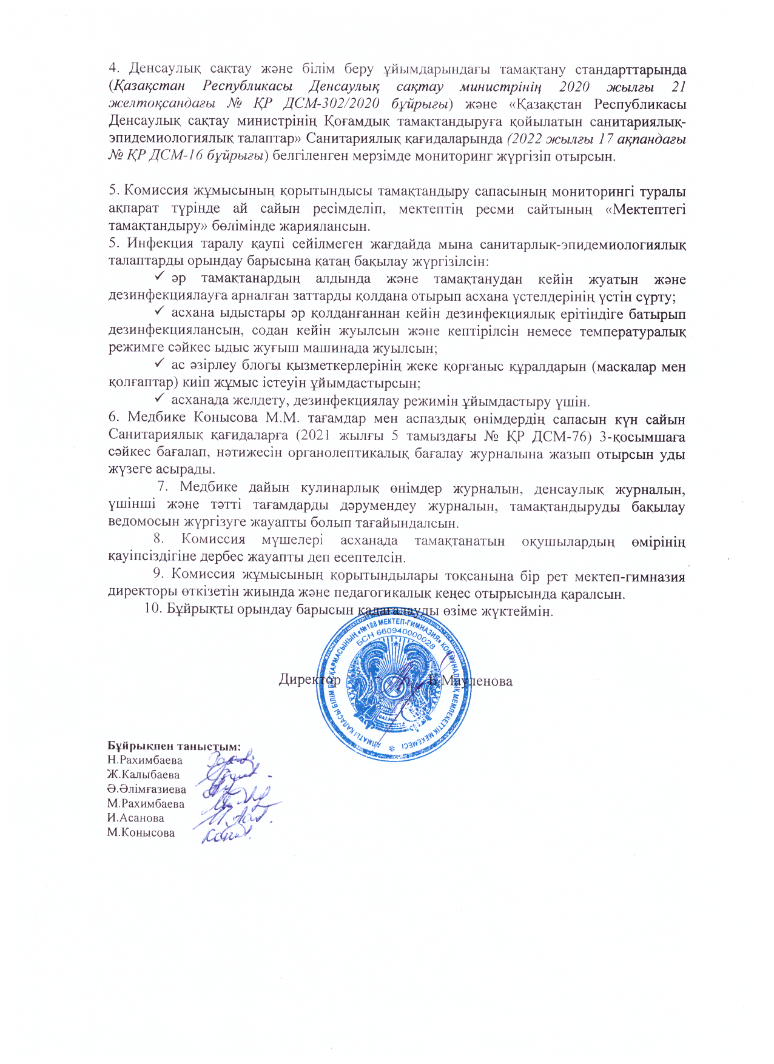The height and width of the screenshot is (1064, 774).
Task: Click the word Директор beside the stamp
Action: [x=309, y=680]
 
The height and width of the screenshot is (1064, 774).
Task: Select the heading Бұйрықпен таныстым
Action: [x=174, y=745]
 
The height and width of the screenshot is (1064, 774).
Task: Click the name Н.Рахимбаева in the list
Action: [x=144, y=760]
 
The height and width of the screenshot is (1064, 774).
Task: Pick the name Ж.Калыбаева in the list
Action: [x=143, y=774]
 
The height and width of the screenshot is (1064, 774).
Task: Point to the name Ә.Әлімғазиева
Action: [x=146, y=789]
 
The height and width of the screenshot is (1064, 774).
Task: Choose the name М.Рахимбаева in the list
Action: [x=146, y=804]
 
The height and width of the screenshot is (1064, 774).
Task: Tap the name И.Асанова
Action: [x=135, y=818]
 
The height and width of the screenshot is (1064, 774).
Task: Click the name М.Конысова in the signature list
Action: [x=141, y=832]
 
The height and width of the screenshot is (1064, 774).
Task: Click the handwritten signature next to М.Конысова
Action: [x=226, y=835]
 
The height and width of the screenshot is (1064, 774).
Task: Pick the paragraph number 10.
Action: [x=151, y=610]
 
